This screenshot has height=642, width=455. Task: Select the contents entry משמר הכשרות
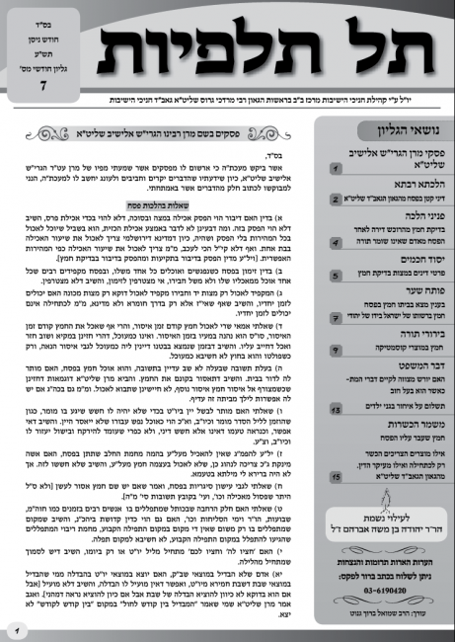click(391, 427)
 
